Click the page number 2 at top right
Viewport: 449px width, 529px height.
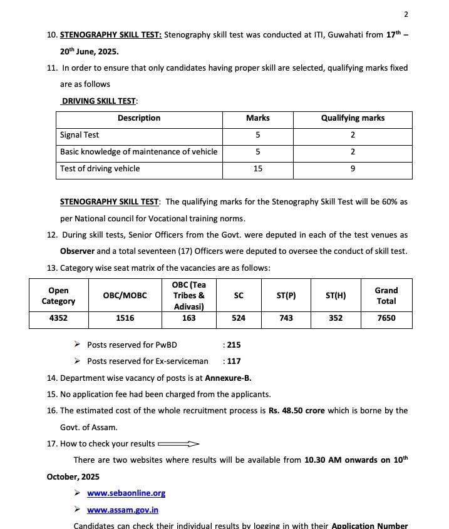[x=406, y=14]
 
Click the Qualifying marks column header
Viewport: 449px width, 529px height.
[x=353, y=118]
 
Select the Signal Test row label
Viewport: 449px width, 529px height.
[x=80, y=135]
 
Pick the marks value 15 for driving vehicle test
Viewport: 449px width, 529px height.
[x=257, y=169]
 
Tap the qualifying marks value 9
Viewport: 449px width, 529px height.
[x=353, y=169]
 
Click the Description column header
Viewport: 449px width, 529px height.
[x=139, y=118]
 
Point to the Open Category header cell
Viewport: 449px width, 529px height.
[x=58, y=296]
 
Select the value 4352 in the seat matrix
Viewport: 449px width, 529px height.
[x=58, y=318]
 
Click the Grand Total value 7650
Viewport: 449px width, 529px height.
[x=386, y=318]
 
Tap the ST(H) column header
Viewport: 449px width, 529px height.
[x=336, y=296]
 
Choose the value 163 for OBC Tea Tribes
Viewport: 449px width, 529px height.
[x=188, y=318]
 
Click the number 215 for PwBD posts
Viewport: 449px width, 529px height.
[x=234, y=345]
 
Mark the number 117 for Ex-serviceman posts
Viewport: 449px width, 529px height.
[x=234, y=361]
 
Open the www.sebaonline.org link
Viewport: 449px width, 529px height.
[x=126, y=493]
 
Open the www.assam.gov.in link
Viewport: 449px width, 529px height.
[x=123, y=510]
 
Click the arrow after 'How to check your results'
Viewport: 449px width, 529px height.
[x=178, y=444]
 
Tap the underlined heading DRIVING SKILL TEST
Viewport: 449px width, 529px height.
[x=99, y=101]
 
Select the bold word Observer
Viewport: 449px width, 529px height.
[x=77, y=251]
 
